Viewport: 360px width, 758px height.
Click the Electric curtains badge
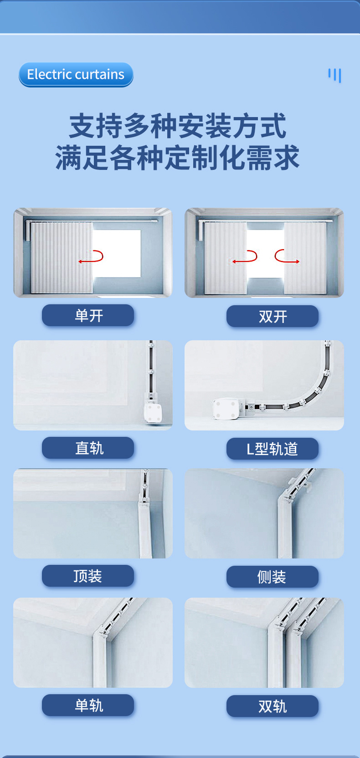pos(76,74)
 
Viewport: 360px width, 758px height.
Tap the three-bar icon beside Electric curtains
pos(334,75)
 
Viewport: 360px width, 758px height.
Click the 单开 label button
pos(88,315)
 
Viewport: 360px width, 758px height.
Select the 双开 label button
pos(273,317)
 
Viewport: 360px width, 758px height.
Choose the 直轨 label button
pos(88,448)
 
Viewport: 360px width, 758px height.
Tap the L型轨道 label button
pos(273,449)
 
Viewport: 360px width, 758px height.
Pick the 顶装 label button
pos(88,576)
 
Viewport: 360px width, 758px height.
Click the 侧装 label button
pos(273,577)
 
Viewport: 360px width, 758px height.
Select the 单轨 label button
pos(88,705)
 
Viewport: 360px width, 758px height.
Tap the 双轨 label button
pos(273,706)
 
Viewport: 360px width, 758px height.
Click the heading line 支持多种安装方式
pos(178,126)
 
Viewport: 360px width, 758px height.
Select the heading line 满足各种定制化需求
pos(177,157)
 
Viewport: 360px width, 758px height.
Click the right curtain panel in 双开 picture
pos(305,258)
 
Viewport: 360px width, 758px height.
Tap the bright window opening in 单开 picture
pos(117,253)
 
